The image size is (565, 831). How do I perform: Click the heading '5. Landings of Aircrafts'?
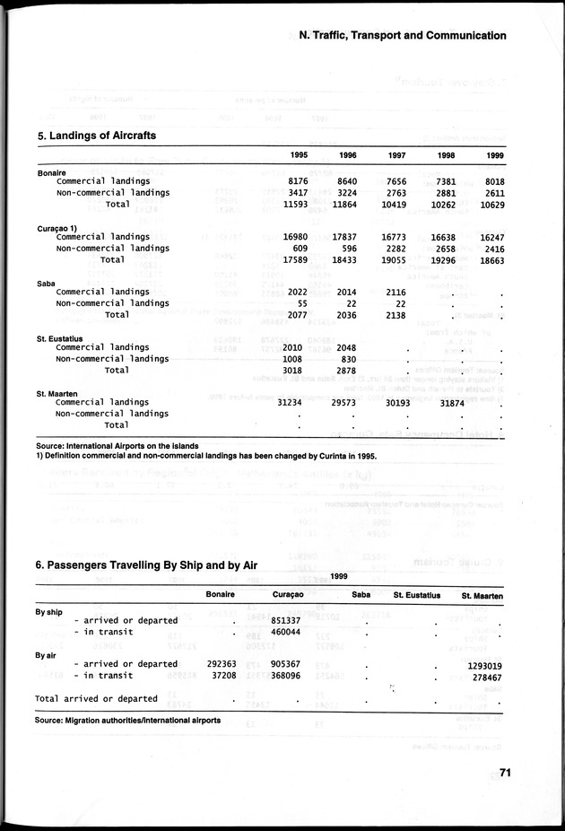(x=96, y=136)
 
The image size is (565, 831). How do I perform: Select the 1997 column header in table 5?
(x=396, y=155)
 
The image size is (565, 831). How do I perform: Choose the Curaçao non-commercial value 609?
(x=300, y=249)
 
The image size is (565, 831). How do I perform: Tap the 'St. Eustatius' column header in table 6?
(x=416, y=595)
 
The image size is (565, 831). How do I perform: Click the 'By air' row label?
(x=46, y=655)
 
